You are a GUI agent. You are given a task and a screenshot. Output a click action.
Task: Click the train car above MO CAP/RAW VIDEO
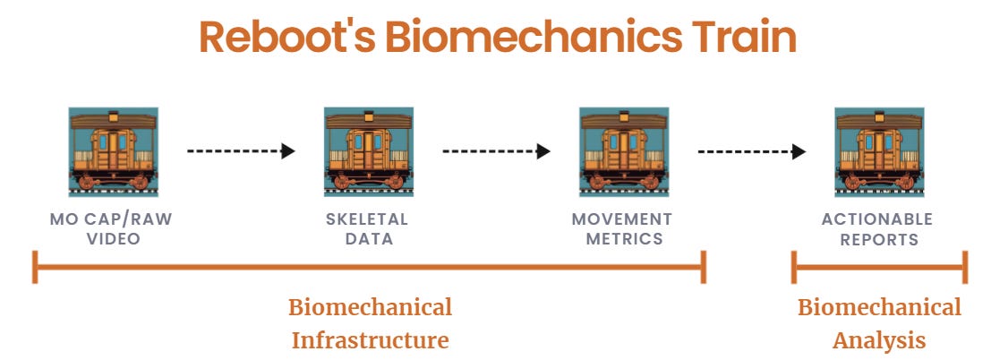click(114, 151)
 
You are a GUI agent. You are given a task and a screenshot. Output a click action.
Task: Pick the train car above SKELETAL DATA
click(369, 151)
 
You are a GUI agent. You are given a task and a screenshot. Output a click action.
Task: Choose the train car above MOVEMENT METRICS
click(624, 151)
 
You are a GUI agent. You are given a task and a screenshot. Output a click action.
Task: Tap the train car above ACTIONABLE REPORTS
click(878, 151)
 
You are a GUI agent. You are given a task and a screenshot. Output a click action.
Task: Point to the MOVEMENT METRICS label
click(622, 229)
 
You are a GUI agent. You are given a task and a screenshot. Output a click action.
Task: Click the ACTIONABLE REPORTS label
click(877, 229)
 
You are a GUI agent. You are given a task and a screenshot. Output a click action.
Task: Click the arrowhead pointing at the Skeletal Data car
click(288, 151)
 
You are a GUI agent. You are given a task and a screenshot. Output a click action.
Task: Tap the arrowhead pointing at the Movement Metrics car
click(543, 151)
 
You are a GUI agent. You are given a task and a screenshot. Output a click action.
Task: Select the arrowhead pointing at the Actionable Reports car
click(799, 151)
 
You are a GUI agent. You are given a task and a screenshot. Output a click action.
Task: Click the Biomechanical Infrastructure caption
click(370, 324)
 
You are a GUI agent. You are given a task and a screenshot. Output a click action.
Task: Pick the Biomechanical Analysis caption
click(879, 324)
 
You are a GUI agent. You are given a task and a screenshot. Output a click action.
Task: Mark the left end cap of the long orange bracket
click(35, 267)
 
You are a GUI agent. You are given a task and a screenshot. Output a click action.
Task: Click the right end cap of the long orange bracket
click(705, 267)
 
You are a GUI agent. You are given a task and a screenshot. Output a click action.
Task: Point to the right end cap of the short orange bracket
click(965, 267)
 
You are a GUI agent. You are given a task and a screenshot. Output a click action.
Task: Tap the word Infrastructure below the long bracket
click(370, 341)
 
